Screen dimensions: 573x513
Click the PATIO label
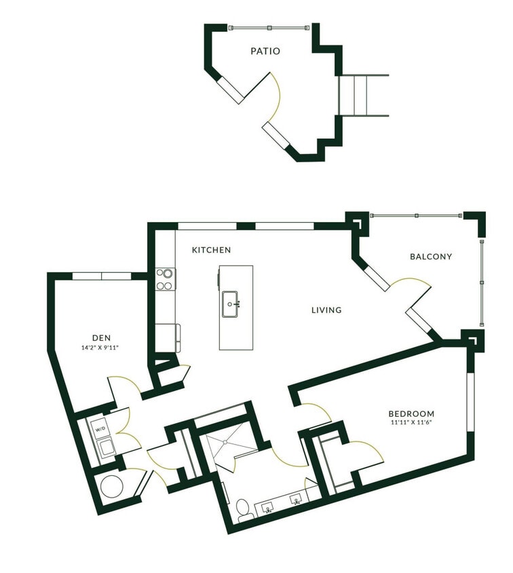[x=265, y=51]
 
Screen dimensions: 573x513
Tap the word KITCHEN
[x=211, y=250]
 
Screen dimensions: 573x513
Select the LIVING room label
[x=326, y=310]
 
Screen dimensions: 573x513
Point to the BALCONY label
[x=431, y=257]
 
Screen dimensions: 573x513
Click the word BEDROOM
[x=411, y=413]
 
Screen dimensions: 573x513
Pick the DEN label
[x=101, y=337]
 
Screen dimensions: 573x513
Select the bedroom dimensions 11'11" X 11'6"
[x=411, y=424]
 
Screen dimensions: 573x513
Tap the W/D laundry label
[x=100, y=430]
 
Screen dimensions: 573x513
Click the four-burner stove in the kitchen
[x=165, y=279]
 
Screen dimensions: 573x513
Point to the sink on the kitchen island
[x=232, y=303]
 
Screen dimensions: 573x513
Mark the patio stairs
[x=363, y=95]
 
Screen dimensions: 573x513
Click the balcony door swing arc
[x=411, y=285]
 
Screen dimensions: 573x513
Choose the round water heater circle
[x=111, y=487]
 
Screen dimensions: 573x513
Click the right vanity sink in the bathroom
[x=297, y=500]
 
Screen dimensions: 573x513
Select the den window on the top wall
[x=101, y=276]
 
